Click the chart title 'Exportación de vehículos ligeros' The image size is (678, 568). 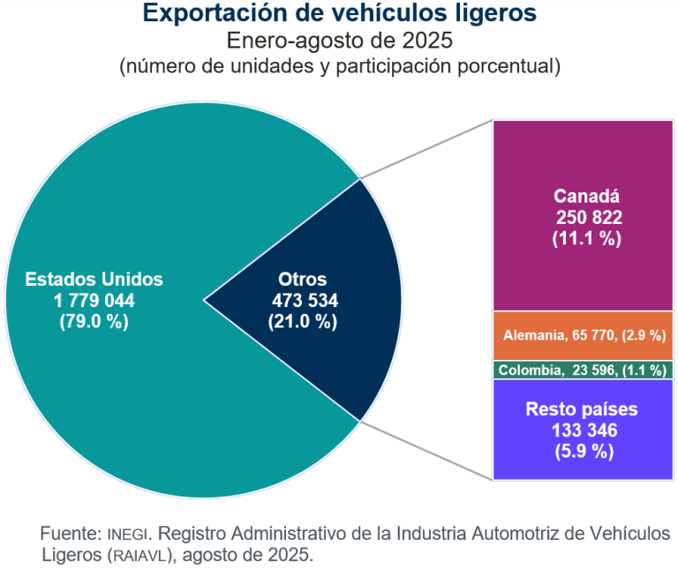click(339, 13)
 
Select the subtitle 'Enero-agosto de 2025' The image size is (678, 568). click(339, 40)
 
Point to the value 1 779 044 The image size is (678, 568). click(94, 300)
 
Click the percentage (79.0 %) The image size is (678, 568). click(94, 321)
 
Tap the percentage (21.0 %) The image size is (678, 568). click(303, 321)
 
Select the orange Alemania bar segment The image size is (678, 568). click(583, 336)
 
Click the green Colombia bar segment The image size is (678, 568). click(583, 370)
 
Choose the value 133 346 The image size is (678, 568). click(584, 430)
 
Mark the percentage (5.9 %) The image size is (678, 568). click(584, 452)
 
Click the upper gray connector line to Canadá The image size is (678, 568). click(424, 151)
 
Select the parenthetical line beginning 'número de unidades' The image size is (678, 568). click(339, 66)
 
